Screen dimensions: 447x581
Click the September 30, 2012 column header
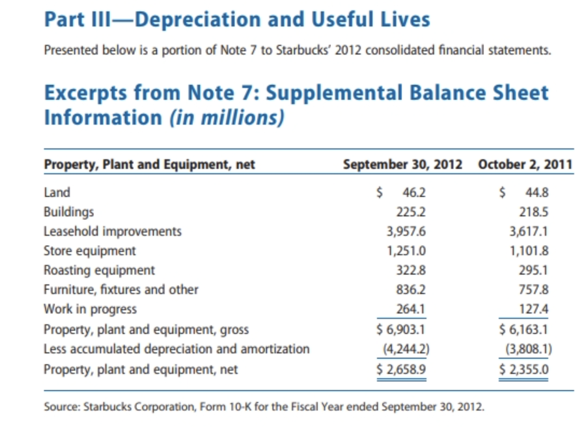(402, 164)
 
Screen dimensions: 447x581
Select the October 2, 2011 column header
(525, 164)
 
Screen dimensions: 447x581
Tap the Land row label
(57, 192)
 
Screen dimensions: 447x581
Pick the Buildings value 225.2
(411, 212)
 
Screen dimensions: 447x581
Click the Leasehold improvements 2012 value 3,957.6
(406, 231)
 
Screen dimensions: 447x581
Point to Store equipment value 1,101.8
(529, 251)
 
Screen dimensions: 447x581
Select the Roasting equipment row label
(99, 270)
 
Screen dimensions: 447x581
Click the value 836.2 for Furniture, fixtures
(411, 290)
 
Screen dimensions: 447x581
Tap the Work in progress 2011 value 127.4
(533, 309)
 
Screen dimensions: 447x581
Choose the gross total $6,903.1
(400, 329)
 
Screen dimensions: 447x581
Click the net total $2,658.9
(400, 369)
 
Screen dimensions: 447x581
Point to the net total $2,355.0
(523, 369)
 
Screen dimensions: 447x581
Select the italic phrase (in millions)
(226, 118)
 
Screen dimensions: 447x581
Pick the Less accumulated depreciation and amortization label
(177, 349)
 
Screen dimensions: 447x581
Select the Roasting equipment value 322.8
(411, 270)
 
